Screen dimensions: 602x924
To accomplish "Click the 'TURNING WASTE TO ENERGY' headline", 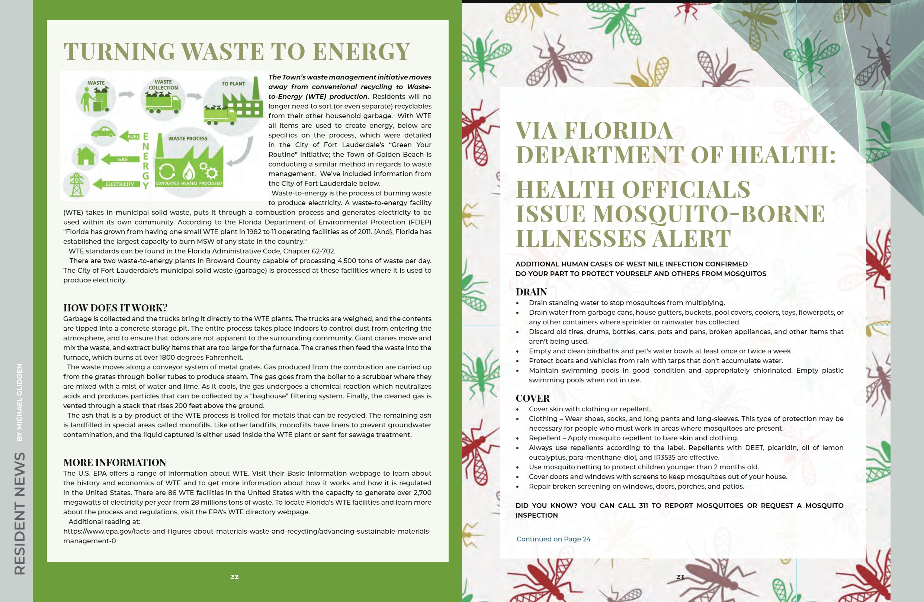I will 237,51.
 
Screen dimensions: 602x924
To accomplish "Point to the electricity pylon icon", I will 77,184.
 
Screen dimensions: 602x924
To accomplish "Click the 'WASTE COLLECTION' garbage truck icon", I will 163,103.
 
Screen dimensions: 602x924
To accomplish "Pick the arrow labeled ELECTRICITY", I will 117,184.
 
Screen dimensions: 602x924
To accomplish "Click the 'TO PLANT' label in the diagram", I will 233,84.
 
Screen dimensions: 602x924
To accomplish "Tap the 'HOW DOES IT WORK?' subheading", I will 115,308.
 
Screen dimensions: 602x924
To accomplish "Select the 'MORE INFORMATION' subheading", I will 115,462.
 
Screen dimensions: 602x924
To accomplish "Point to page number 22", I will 234,577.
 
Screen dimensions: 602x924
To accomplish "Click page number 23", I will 680,577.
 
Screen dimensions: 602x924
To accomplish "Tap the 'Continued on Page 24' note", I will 553,539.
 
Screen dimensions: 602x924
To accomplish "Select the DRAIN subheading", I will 531,292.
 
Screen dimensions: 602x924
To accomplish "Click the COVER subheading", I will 532,398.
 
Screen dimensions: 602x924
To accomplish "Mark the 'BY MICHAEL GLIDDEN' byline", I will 19,402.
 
